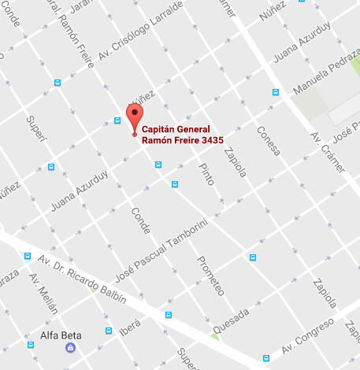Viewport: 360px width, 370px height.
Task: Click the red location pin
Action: [135, 117]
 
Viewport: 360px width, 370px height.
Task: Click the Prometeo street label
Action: [210, 276]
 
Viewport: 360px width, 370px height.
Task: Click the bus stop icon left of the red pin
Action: [117, 121]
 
